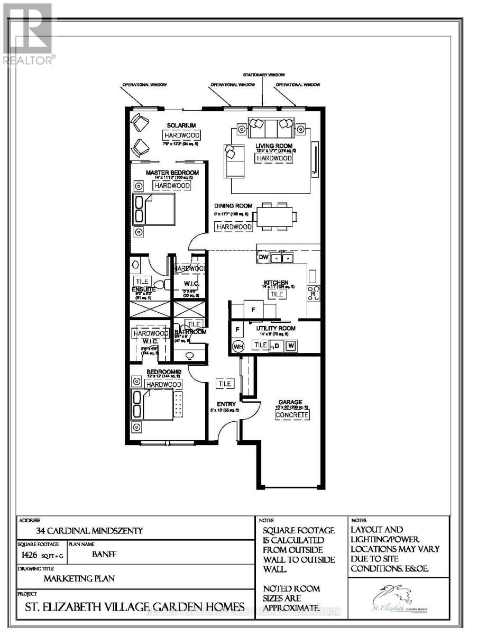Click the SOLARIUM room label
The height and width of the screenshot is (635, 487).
pos(181,125)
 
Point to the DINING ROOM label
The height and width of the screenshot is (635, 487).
pos(233,206)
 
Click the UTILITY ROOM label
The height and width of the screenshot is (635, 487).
pos(277,328)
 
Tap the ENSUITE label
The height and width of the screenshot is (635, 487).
pos(143,289)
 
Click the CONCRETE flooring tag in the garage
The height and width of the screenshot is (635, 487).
pos(291,415)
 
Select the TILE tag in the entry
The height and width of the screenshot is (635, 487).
pos(225,383)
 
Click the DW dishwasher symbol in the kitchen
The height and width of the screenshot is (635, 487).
pos(263,257)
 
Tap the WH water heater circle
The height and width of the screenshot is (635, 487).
pos(238,346)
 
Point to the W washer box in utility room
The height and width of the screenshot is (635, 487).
pos(290,346)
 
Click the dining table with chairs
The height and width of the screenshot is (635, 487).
pos(274,216)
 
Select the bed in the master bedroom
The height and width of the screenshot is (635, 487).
pos(154,208)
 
